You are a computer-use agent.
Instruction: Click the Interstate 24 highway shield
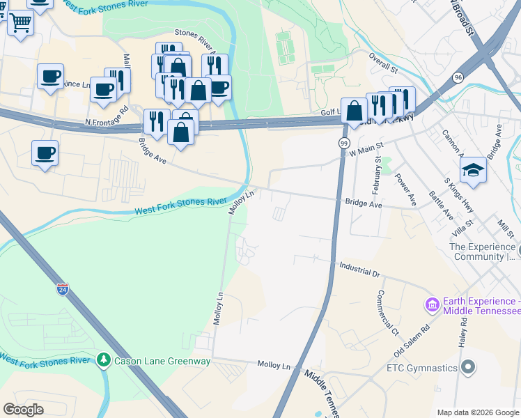click(63, 289)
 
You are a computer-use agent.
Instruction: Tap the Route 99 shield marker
click(344, 143)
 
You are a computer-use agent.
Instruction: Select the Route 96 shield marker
click(458, 77)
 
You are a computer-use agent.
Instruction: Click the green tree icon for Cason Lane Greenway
click(104, 360)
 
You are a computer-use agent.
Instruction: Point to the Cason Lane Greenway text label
click(162, 361)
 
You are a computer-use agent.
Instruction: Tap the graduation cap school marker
click(473, 170)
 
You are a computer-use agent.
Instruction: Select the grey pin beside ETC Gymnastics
click(469, 366)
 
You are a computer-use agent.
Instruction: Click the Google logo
click(23, 410)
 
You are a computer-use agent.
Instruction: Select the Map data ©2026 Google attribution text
click(477, 412)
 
